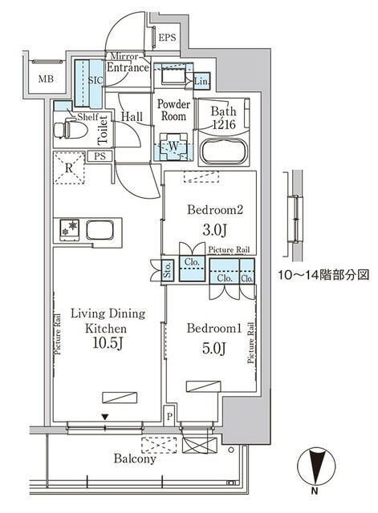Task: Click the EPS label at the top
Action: point(167,38)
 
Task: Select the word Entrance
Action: point(127,67)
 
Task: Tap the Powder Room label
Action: point(173,110)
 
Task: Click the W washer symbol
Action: point(172,145)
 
